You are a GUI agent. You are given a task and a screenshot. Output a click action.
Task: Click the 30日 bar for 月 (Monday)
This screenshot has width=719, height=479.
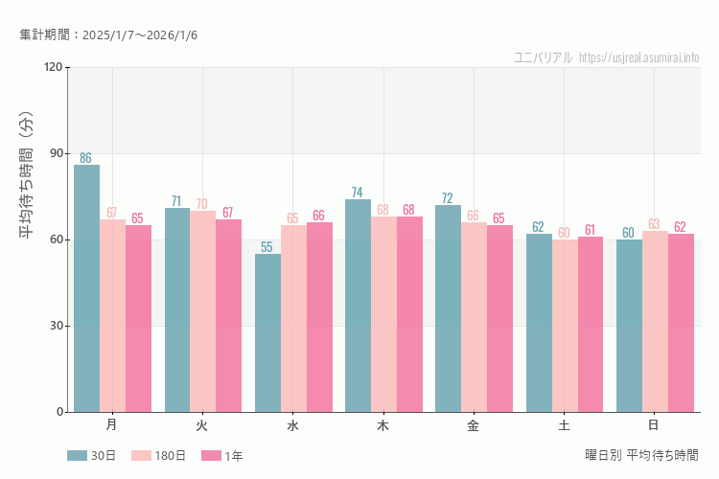86,288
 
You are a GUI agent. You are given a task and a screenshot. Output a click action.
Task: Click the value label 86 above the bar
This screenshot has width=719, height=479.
86,158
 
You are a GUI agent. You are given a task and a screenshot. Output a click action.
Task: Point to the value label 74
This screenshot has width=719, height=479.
358,193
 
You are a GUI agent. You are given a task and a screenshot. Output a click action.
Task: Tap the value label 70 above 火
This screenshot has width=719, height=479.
202,204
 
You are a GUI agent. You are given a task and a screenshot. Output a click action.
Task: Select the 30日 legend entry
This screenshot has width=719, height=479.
91,456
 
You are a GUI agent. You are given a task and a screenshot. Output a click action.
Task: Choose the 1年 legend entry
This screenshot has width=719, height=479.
222,456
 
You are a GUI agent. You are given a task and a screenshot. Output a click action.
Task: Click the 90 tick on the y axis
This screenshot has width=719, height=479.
56,153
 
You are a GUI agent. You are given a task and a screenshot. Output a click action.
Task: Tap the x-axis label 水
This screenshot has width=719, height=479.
292,424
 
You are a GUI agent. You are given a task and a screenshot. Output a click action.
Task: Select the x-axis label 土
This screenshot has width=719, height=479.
564,424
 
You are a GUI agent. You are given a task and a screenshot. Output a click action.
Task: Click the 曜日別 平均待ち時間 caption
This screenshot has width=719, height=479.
641,455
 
